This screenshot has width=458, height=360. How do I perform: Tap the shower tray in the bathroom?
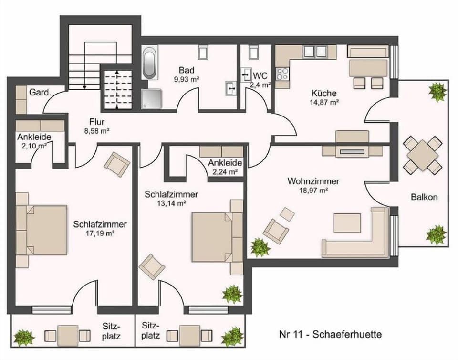[152, 100]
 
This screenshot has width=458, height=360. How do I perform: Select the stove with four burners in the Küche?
[282, 74]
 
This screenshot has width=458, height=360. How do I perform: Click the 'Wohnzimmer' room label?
[313, 181]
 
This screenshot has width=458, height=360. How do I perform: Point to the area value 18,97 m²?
[313, 191]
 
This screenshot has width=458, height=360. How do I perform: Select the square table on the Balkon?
[422, 155]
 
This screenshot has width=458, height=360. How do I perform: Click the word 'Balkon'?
[424, 197]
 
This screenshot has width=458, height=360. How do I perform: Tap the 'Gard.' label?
[40, 93]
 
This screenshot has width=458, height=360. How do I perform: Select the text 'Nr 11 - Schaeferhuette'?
[330, 334]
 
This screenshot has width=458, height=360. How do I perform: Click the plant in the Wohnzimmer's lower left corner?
[260, 247]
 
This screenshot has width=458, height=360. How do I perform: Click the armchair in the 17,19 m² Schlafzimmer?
[117, 164]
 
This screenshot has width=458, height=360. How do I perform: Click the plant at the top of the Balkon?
[437, 91]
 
